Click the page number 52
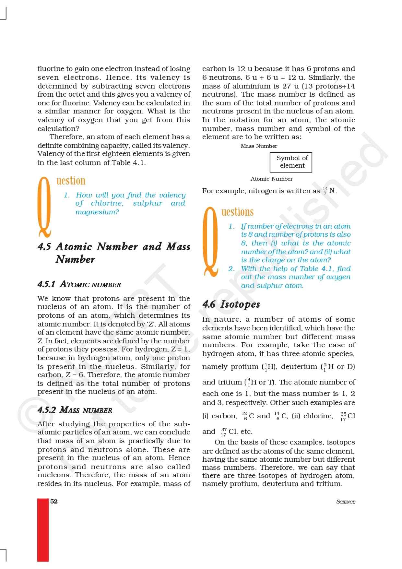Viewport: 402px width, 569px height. (x=54, y=501)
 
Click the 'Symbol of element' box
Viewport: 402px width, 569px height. (x=291, y=162)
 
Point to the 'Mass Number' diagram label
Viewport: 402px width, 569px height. (x=259, y=146)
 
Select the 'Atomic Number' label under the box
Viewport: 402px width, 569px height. (x=271, y=179)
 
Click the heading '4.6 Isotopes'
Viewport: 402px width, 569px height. (x=231, y=304)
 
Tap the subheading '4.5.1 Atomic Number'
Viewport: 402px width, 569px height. (x=79, y=284)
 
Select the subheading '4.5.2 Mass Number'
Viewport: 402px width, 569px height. (x=75, y=410)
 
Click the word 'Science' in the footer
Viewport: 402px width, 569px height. (x=346, y=502)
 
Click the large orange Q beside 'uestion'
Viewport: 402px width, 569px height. (x=44, y=207)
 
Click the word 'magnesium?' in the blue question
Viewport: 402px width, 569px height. (x=97, y=212)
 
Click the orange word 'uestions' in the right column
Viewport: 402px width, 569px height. (x=237, y=212)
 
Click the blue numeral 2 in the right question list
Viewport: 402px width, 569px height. (x=231, y=268)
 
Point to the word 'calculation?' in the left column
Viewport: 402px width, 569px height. (x=58, y=128)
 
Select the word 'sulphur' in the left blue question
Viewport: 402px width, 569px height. (x=147, y=203)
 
